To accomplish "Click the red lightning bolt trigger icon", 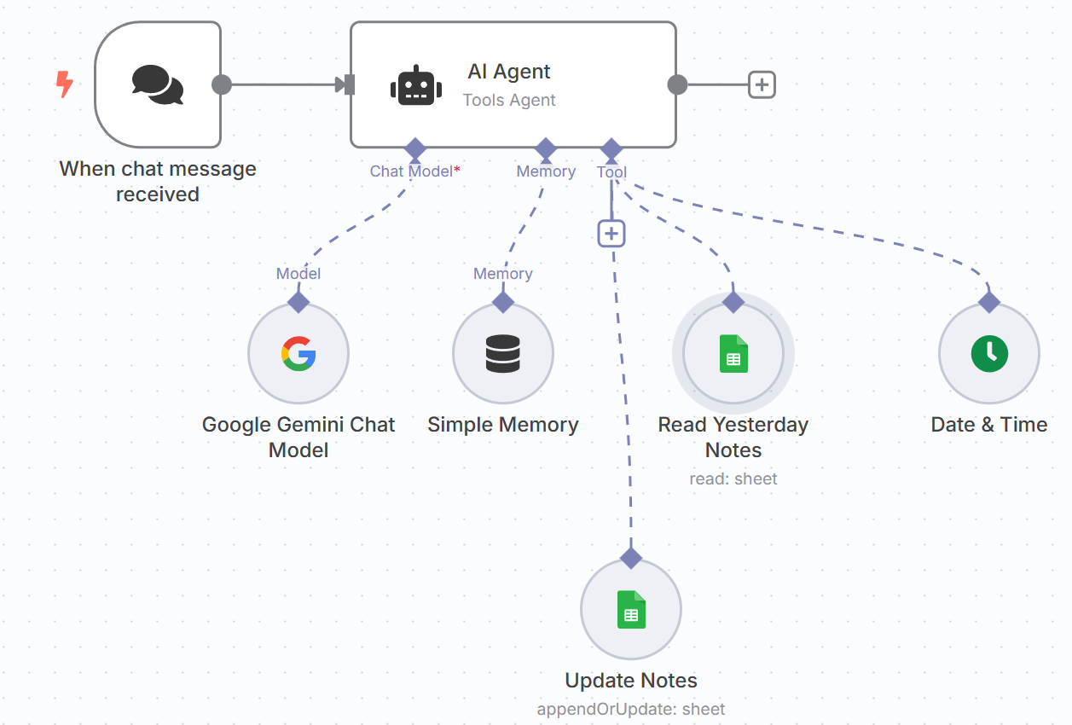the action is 64,84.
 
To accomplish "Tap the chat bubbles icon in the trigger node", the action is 158,84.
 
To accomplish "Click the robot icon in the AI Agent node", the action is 416,85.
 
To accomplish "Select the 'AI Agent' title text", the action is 509,72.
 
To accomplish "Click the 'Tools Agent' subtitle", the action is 509,100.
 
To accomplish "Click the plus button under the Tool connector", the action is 611,234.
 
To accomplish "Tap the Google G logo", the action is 298,354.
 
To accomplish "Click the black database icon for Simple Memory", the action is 503,354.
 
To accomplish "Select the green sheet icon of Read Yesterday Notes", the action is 733,354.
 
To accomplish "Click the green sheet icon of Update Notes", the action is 631,610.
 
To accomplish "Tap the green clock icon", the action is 989,354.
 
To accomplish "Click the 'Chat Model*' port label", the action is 415,171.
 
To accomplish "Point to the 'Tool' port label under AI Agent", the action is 611,171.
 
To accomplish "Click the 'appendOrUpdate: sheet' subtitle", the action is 631,709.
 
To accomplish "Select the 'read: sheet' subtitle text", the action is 733,478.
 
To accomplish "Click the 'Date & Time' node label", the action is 989,425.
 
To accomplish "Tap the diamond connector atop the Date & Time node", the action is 989,302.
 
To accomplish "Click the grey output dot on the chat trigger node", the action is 222,84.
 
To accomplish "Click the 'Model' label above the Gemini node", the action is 298,274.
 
